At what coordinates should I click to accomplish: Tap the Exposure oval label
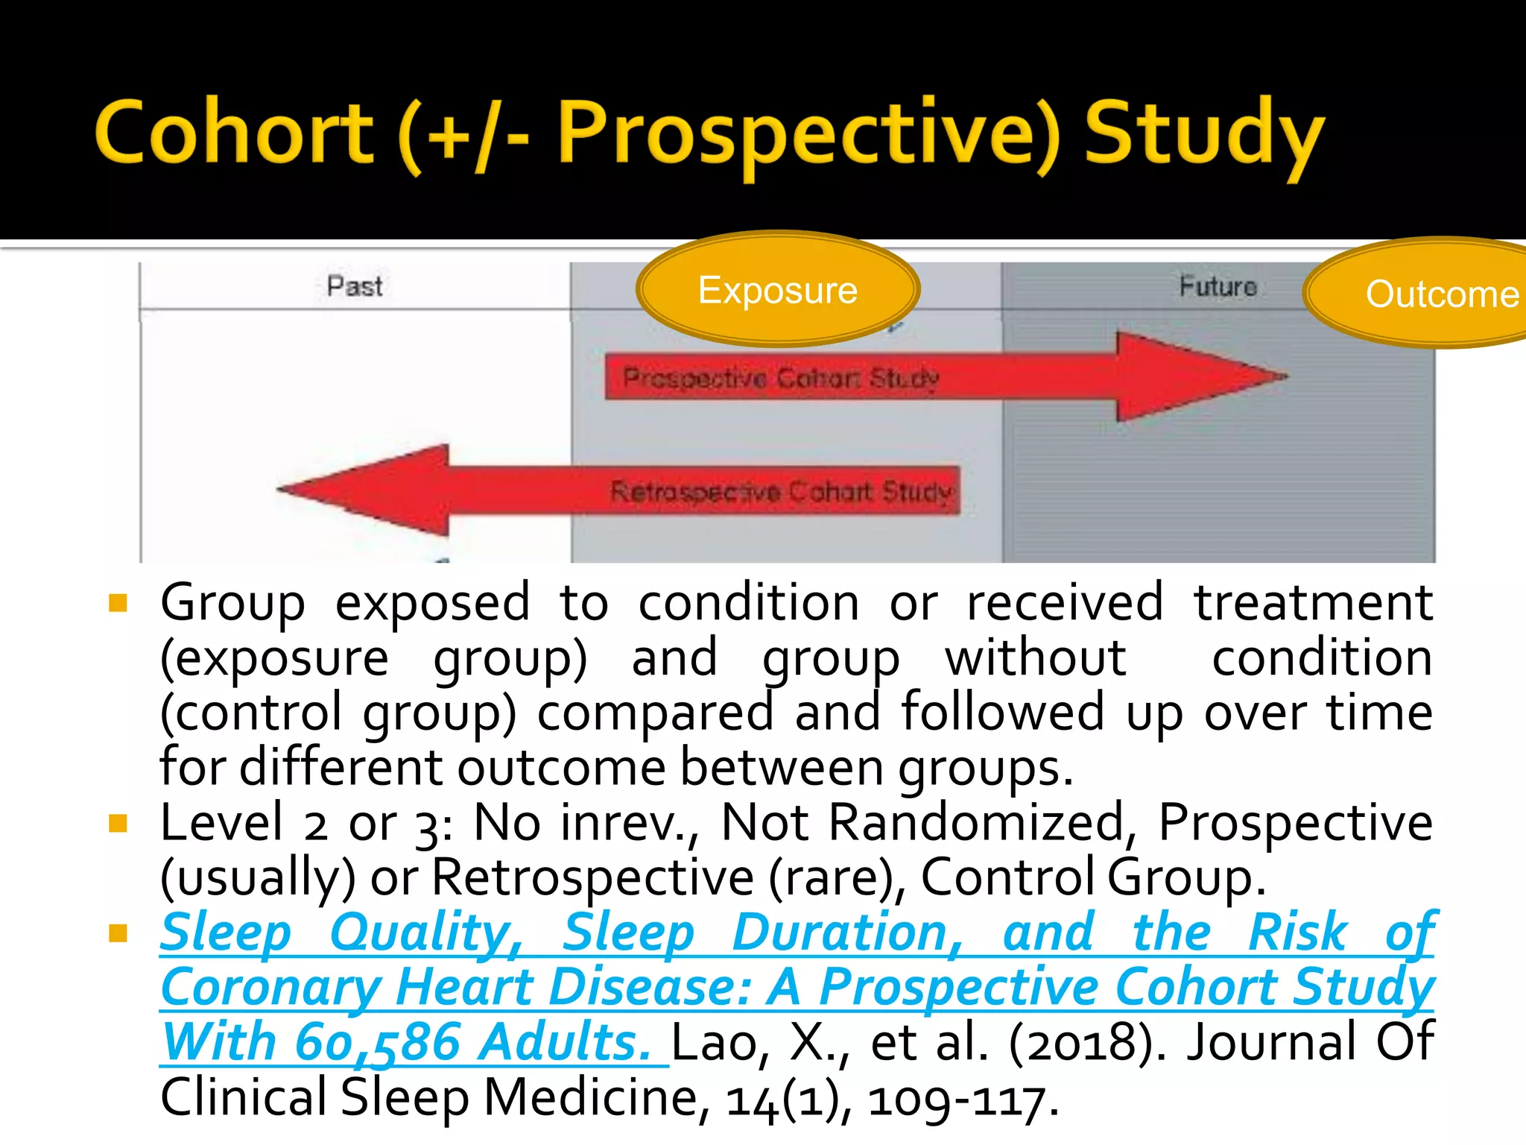pyautogui.click(x=777, y=290)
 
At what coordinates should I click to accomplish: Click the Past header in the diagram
pyautogui.click(x=355, y=286)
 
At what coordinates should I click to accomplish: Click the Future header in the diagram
pyautogui.click(x=1218, y=286)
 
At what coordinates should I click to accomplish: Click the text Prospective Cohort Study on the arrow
pyautogui.click(x=780, y=378)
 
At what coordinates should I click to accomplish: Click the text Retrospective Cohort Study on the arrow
pyautogui.click(x=781, y=491)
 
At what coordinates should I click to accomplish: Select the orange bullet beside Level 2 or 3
pyautogui.click(x=118, y=823)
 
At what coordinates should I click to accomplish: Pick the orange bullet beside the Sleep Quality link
pyautogui.click(x=118, y=933)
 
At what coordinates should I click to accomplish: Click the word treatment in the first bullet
pyautogui.click(x=1313, y=602)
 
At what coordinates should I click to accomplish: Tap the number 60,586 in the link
pyautogui.click(x=377, y=1043)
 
